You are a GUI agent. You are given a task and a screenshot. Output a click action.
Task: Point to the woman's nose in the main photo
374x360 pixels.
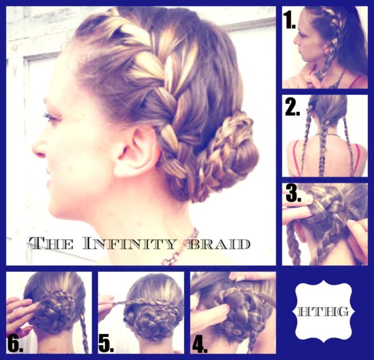pyautogui.click(x=39, y=147)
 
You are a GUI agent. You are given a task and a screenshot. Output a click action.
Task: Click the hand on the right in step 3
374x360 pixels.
pyautogui.click(x=357, y=240)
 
